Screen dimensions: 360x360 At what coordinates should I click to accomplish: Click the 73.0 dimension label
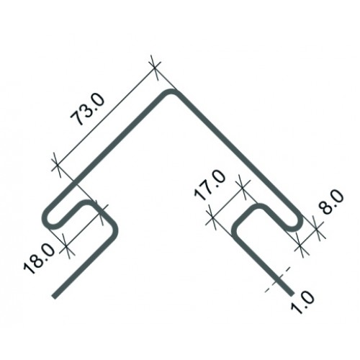(88, 109)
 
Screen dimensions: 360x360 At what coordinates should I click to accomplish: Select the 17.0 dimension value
(210, 185)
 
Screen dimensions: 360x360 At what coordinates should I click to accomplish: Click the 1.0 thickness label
(302, 302)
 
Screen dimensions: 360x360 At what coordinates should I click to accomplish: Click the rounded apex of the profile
(171, 92)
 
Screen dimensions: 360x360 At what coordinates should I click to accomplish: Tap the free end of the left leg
(55, 296)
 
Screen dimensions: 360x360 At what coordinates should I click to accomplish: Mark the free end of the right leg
(291, 293)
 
